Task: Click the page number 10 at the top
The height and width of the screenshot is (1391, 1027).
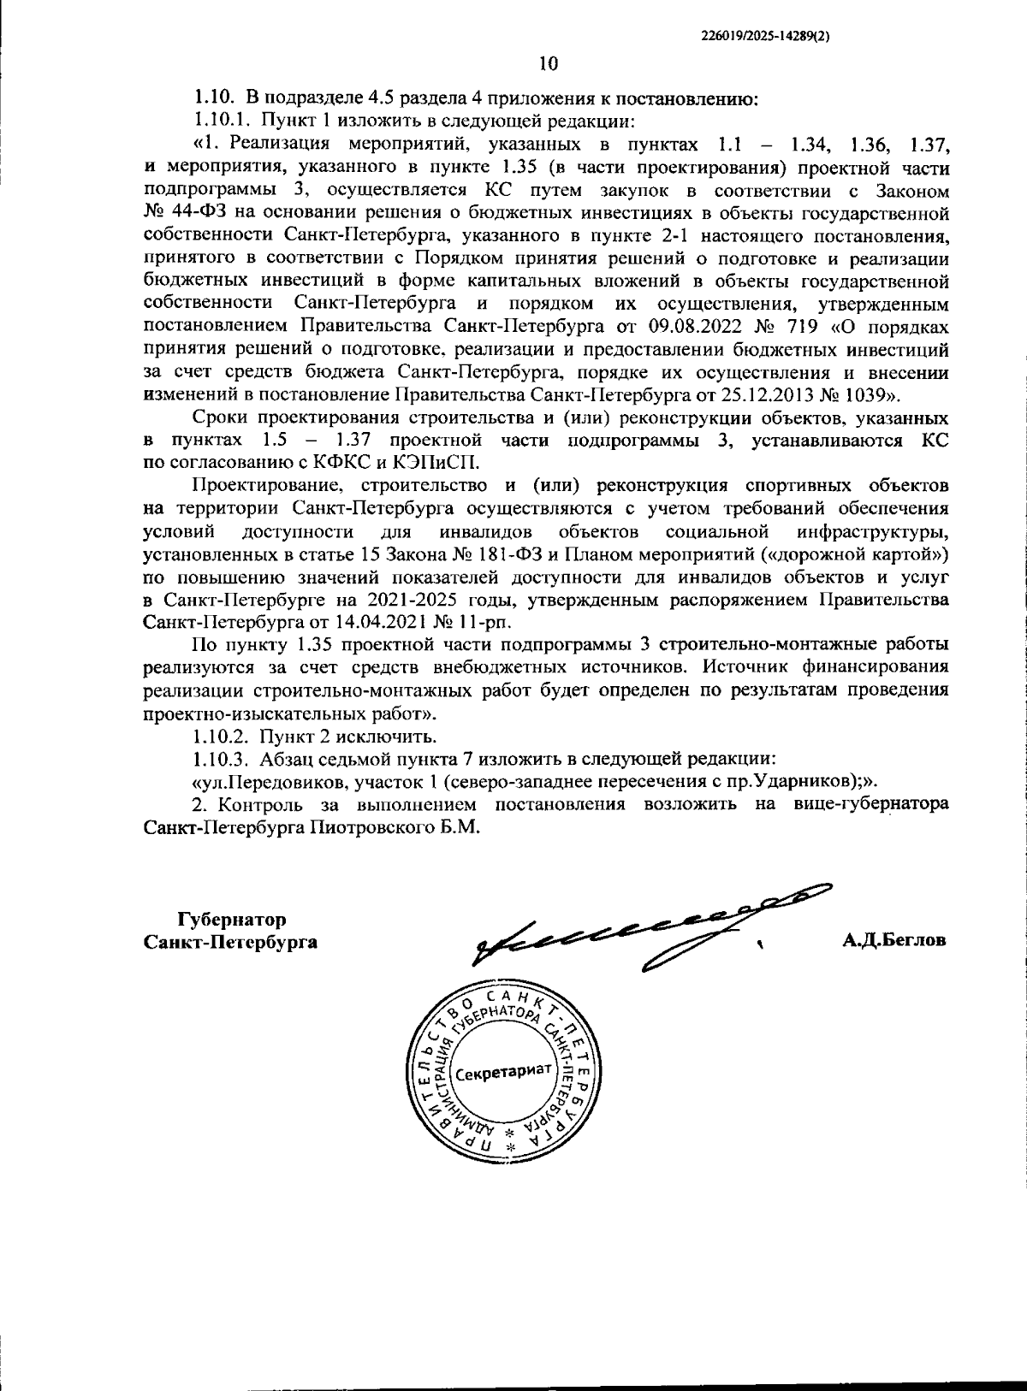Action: (549, 63)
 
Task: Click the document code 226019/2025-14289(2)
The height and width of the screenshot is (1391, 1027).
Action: (766, 35)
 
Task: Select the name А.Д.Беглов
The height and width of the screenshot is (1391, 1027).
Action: (893, 941)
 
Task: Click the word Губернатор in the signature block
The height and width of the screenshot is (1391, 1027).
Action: (231, 920)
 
